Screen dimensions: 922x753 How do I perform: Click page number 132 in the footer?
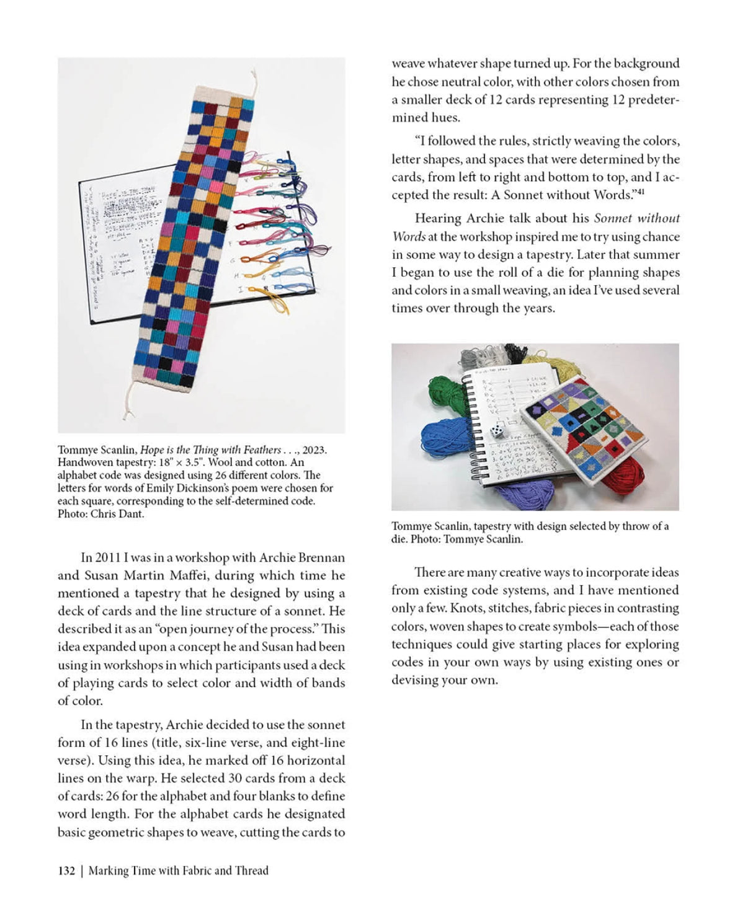coord(66,871)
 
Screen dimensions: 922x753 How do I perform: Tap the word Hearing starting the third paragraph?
coord(437,218)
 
